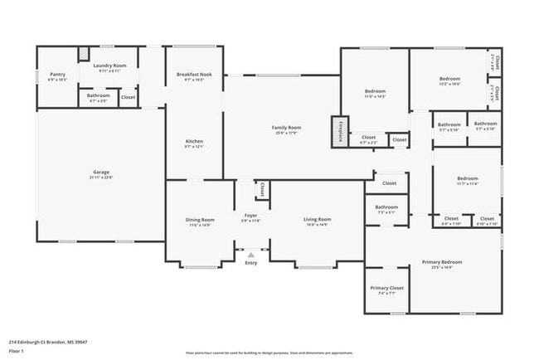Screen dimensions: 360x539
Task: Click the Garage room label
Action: click(102, 174)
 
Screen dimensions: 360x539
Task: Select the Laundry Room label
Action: click(109, 66)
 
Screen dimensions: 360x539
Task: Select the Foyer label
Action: click(250, 217)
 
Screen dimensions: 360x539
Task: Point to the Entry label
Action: click(250, 263)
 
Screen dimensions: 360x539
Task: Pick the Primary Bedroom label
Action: click(441, 263)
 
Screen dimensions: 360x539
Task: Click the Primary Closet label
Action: click(386, 289)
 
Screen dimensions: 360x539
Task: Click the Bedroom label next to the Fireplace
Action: click(376, 93)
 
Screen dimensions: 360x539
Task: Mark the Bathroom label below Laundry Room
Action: click(98, 96)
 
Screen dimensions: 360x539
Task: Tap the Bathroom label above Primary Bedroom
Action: click(386, 208)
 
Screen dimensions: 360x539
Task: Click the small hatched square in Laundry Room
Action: click(83, 55)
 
